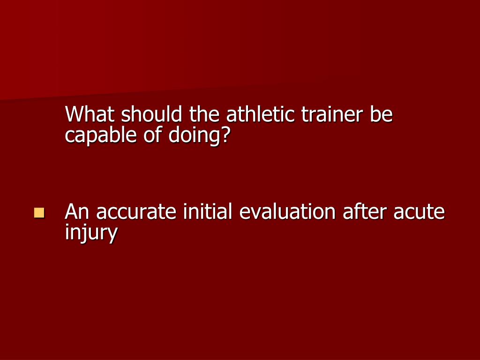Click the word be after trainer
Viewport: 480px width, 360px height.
pos(381,114)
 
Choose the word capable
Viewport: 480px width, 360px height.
pos(98,136)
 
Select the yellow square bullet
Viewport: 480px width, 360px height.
pos(39,213)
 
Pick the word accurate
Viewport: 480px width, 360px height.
pos(136,213)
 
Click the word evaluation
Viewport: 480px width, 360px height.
pos(287,212)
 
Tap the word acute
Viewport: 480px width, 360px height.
pos(419,213)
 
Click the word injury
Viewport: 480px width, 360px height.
pos(91,233)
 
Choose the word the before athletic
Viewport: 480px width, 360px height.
pos(205,114)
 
